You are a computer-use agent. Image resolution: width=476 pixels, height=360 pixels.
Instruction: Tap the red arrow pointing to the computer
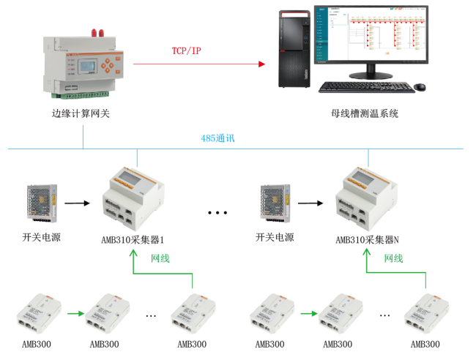click(198, 64)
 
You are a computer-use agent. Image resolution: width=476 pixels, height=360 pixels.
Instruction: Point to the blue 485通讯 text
click(217, 138)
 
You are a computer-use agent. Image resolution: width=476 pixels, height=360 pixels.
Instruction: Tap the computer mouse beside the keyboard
click(420, 87)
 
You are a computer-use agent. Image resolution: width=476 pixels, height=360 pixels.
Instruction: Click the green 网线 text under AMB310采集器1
click(160, 258)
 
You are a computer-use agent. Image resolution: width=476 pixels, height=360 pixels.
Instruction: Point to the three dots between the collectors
click(218, 213)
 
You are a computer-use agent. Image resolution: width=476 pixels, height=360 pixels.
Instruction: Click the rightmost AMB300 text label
click(425, 344)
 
